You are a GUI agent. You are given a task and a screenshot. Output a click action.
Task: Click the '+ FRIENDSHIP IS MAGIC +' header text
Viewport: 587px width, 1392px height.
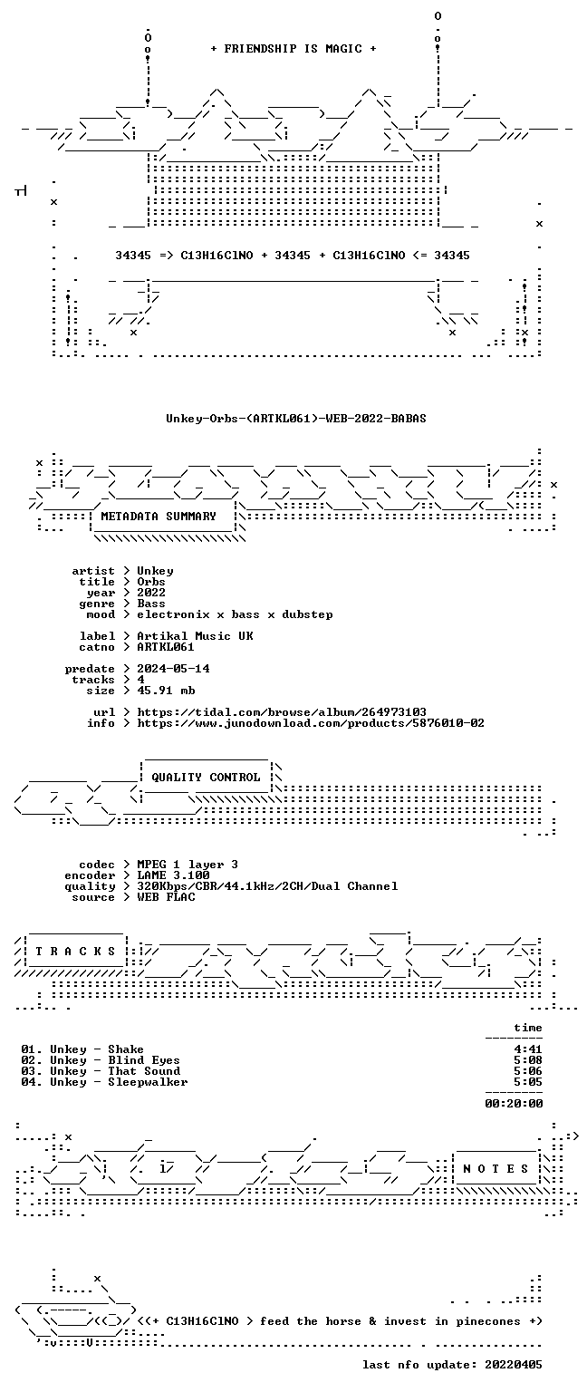[x=293, y=48]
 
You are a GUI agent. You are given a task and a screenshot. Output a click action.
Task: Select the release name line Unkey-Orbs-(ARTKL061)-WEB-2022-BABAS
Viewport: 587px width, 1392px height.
[x=295, y=418]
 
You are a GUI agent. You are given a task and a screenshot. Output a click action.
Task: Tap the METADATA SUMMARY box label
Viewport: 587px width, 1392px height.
[x=159, y=516]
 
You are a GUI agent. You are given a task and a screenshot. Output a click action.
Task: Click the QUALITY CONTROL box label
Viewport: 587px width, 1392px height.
[x=206, y=777]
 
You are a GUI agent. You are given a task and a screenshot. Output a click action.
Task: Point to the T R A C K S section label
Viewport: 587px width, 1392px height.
[x=75, y=951]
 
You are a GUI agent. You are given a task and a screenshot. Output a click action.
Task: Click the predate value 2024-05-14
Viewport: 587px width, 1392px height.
[x=173, y=669]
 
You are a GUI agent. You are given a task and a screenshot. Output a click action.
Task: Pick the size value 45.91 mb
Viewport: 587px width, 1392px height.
[x=166, y=691]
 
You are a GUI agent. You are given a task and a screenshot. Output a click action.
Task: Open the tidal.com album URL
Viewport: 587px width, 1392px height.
[x=282, y=712]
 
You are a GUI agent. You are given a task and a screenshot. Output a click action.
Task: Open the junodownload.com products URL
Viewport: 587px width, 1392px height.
[x=311, y=722]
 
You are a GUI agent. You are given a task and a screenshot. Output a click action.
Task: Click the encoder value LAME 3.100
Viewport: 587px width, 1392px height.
[x=173, y=875]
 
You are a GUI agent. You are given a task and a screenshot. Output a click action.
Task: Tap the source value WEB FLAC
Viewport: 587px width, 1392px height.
[x=166, y=896]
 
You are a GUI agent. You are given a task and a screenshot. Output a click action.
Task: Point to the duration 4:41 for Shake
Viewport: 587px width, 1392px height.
[x=528, y=1049]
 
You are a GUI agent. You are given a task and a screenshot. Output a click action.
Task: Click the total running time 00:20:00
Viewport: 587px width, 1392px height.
[x=514, y=1104]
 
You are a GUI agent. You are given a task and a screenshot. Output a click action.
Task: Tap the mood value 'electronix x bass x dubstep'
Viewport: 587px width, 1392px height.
[x=235, y=614]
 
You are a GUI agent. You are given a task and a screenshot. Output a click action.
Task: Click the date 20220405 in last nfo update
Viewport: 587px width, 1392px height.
[x=514, y=1365]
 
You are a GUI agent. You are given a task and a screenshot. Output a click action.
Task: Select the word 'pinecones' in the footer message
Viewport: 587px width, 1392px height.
[x=488, y=1321]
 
